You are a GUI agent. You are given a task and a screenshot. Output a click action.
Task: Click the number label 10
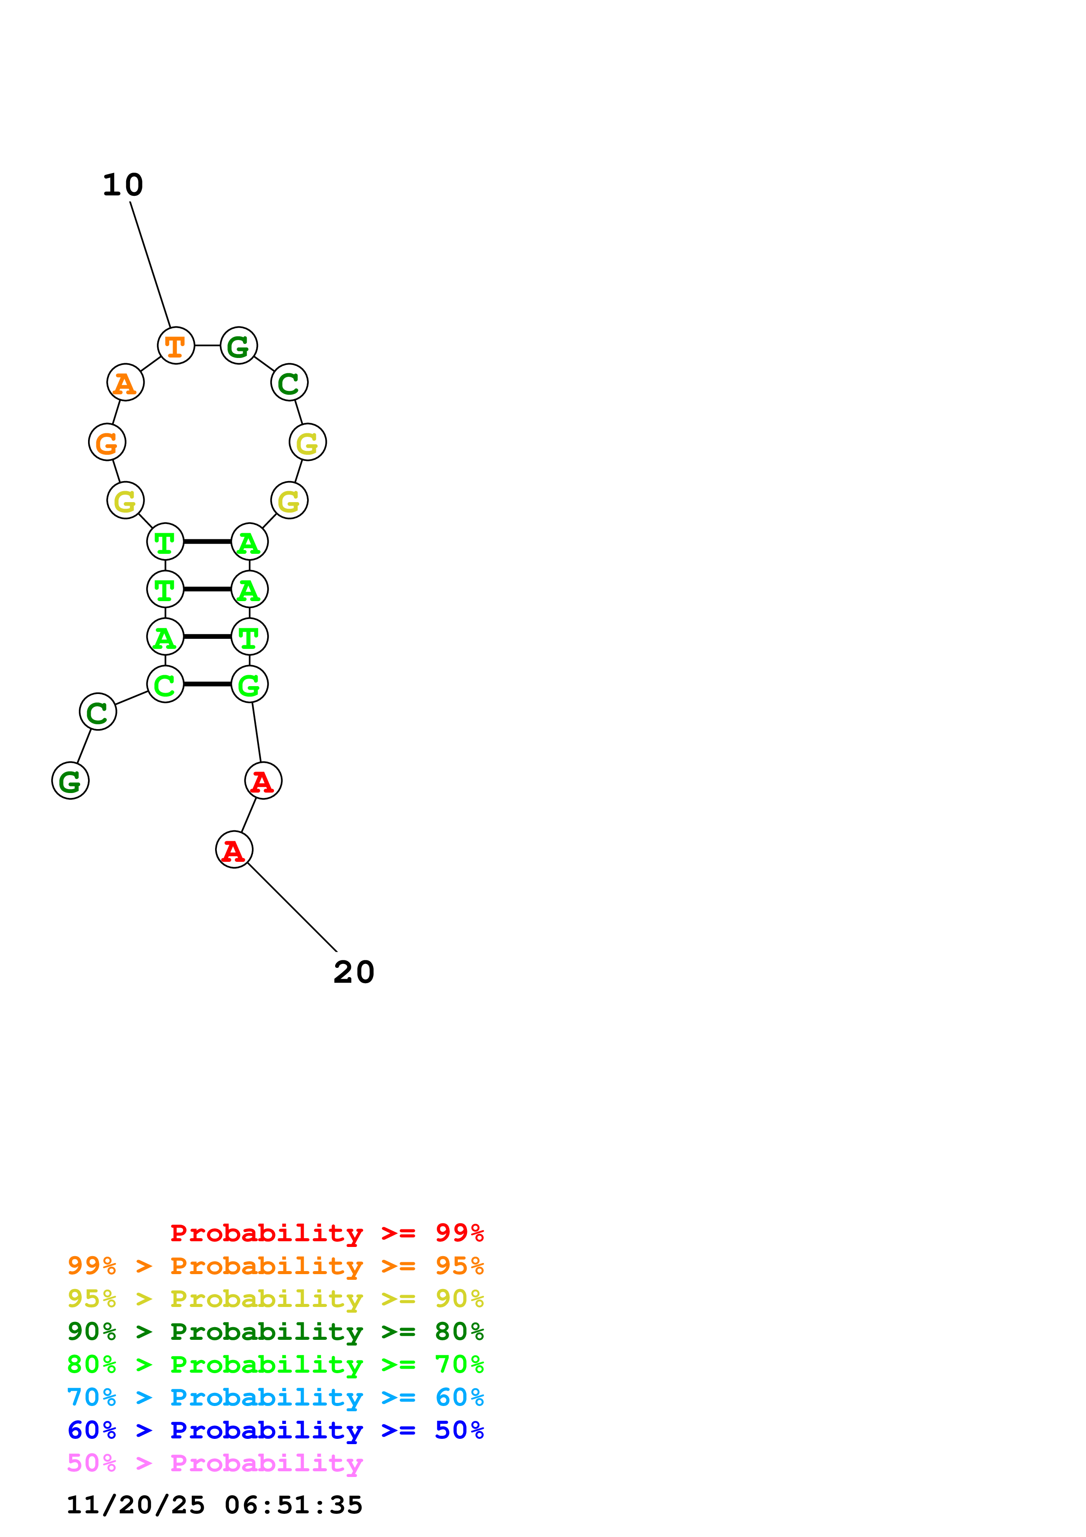pos(123,185)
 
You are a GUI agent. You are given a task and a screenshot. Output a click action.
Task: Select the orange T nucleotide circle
pos(176,346)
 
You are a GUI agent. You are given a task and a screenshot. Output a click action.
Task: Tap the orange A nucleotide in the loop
pos(126,383)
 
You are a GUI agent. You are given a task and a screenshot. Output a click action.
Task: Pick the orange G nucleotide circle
pos(107,443)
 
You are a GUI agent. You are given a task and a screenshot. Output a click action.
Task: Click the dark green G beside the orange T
pos(239,346)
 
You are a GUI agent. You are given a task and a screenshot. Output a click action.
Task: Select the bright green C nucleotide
pos(165,684)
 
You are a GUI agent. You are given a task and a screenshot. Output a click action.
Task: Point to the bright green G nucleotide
pos(250,684)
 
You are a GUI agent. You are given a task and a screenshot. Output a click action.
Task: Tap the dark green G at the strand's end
pos(70,781)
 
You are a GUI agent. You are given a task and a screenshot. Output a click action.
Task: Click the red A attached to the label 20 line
pos(234,850)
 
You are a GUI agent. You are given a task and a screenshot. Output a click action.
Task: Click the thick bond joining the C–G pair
pos(207,684)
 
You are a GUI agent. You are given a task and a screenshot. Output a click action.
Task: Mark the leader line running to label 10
pos(151,265)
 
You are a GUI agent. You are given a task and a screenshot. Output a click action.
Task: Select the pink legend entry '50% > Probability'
pos(215,1463)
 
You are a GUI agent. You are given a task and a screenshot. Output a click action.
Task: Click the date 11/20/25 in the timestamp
pos(135,1505)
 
